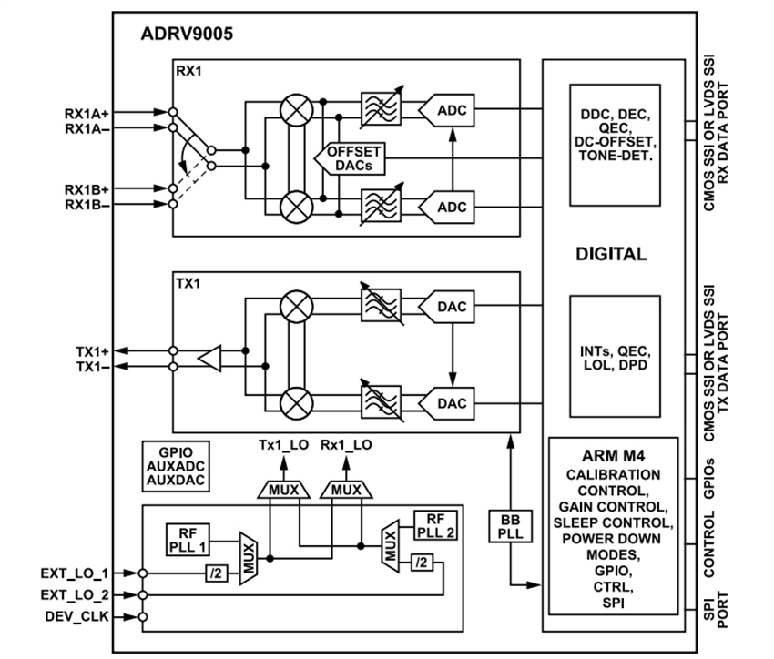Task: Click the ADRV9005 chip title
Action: (x=187, y=37)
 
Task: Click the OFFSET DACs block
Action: (x=348, y=159)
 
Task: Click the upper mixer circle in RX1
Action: (x=293, y=111)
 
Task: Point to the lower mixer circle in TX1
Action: (x=293, y=400)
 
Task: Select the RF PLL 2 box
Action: (x=434, y=524)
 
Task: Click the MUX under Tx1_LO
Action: (x=284, y=490)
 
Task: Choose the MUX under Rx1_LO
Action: (x=347, y=490)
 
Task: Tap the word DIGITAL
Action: (x=611, y=255)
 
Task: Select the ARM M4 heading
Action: (x=614, y=455)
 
